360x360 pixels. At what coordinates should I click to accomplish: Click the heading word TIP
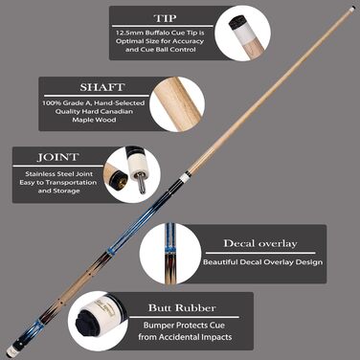tap(165, 18)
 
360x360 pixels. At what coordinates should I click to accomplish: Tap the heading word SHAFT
tap(101, 87)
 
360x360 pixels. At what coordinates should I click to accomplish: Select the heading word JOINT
tap(57, 157)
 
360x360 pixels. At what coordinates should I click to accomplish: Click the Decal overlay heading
tap(260, 243)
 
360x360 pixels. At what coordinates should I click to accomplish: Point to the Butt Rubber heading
tap(182, 308)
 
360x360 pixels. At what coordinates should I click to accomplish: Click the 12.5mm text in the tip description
tap(129, 33)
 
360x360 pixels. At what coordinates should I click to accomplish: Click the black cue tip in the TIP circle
tap(236, 23)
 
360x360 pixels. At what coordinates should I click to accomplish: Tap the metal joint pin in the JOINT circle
tap(141, 183)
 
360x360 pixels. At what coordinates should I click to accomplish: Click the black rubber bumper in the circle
tap(88, 323)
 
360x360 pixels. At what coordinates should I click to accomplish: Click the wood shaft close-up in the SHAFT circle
tap(177, 103)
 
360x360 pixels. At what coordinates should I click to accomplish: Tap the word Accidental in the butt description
tap(195, 337)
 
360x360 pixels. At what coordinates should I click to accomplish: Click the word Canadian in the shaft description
tap(117, 111)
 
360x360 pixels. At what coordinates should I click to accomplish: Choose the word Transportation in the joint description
tap(71, 183)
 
